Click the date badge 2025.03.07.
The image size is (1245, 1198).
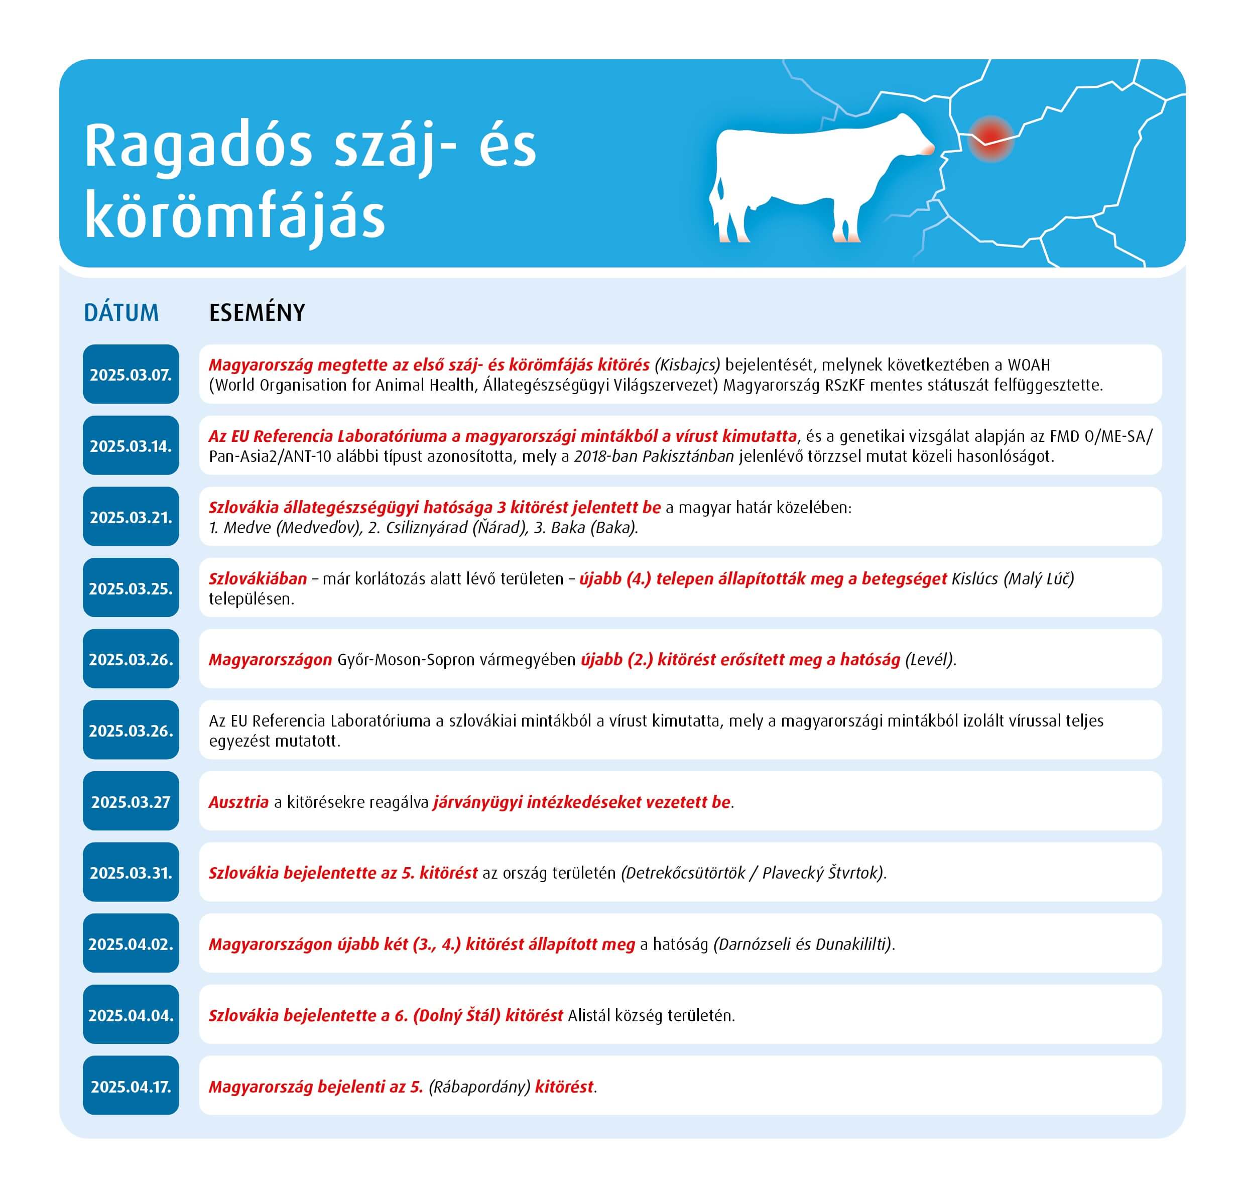pyautogui.click(x=131, y=375)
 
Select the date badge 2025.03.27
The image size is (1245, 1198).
pyautogui.click(x=131, y=802)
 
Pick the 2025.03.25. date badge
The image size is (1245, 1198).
pyautogui.click(x=131, y=588)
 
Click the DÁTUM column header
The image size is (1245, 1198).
pyautogui.click(x=121, y=312)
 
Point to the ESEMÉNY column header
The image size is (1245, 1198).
pyautogui.click(x=257, y=312)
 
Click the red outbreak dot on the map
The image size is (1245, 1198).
pyautogui.click(x=990, y=138)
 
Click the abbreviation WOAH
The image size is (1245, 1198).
pyautogui.click(x=1029, y=365)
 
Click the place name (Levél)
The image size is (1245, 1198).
pyautogui.click(x=929, y=659)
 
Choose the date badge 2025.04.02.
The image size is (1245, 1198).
pyautogui.click(x=131, y=944)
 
